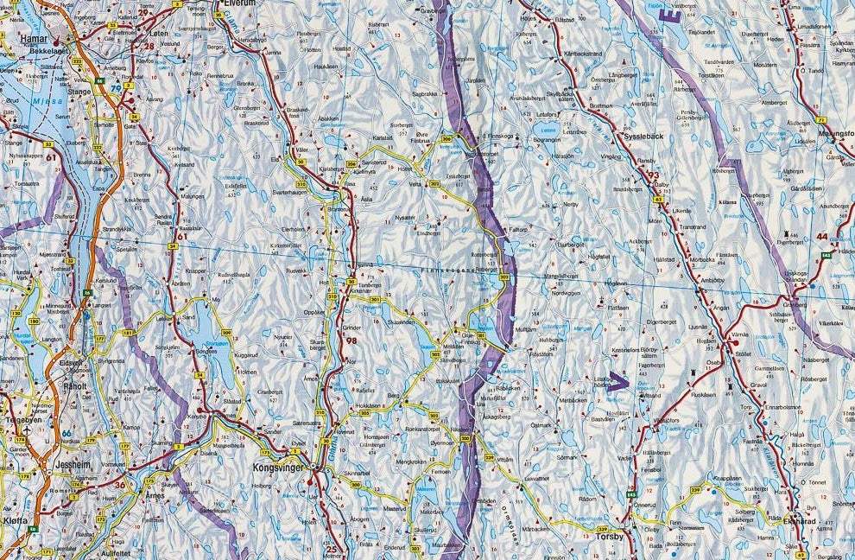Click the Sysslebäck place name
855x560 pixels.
643,137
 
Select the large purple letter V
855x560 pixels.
617,381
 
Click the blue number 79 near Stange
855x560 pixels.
116,88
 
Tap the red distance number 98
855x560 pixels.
351,341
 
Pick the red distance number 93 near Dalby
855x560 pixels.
653,175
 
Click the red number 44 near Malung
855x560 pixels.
821,236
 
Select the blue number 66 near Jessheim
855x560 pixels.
66,432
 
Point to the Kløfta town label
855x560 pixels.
16,522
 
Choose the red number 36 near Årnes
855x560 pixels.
120,485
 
